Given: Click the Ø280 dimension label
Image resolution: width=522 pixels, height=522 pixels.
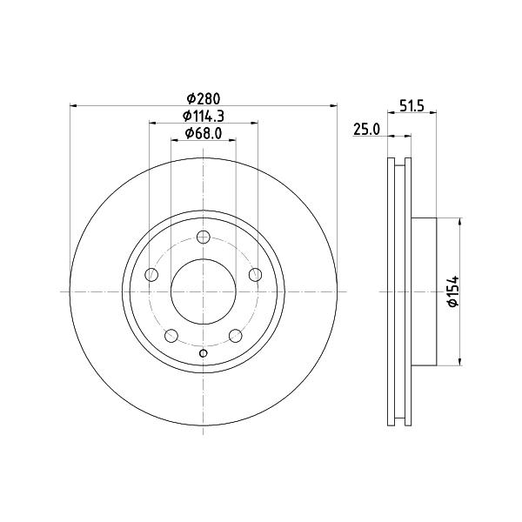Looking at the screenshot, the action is [204, 98].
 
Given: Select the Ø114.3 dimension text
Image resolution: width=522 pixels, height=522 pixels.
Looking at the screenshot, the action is [204, 116].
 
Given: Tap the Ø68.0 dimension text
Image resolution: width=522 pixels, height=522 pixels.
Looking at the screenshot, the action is [204, 133].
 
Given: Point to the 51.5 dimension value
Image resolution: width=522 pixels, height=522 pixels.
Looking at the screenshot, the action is [412, 106].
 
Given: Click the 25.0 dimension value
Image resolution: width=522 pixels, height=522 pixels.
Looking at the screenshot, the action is [366, 129].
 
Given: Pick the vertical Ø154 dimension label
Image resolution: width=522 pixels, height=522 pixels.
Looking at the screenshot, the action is [453, 291].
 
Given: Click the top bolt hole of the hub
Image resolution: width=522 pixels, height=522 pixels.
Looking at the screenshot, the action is [203, 238].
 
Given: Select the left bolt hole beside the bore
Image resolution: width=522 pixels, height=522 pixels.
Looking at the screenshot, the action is [151, 275].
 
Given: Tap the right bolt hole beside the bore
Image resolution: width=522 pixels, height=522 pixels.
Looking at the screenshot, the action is [255, 275].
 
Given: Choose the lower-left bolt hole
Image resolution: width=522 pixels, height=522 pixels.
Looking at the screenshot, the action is [171, 336].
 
